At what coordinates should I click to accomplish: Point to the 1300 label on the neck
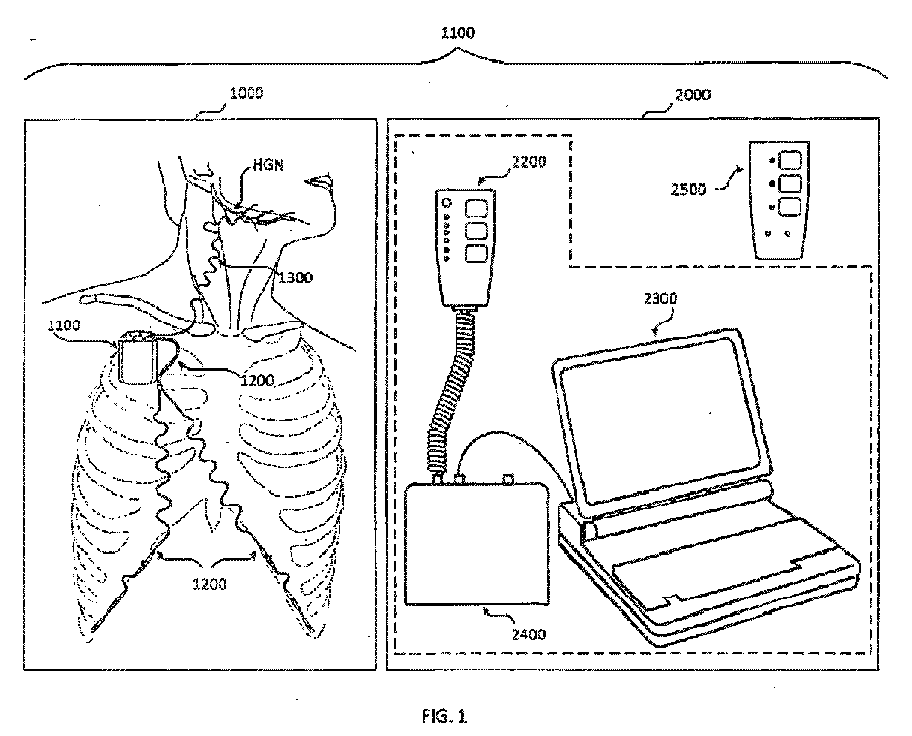tap(295, 278)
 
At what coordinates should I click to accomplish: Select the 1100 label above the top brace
tap(456, 33)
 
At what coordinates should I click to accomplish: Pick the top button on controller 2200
tap(476, 207)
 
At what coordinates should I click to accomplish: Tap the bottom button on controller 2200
tap(476, 252)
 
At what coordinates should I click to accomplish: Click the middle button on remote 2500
tap(789, 183)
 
